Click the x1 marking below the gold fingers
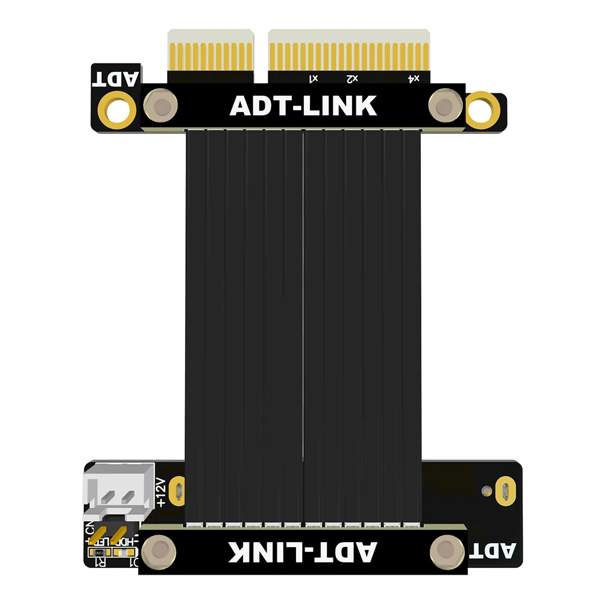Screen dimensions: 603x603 pyautogui.click(x=314, y=78)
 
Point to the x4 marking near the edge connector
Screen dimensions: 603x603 pyautogui.click(x=414, y=78)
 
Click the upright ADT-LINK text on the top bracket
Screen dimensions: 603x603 pyautogui.click(x=303, y=106)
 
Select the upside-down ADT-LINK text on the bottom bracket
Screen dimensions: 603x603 pyautogui.click(x=303, y=552)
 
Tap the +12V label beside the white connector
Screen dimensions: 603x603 pyautogui.click(x=160, y=492)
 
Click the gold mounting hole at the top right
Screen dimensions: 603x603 pyautogui.click(x=484, y=108)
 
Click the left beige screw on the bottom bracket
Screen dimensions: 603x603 pyautogui.click(x=160, y=549)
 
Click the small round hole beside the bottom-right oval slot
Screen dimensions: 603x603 pyautogui.click(x=487, y=489)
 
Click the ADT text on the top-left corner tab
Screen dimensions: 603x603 pyautogui.click(x=116, y=78)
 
